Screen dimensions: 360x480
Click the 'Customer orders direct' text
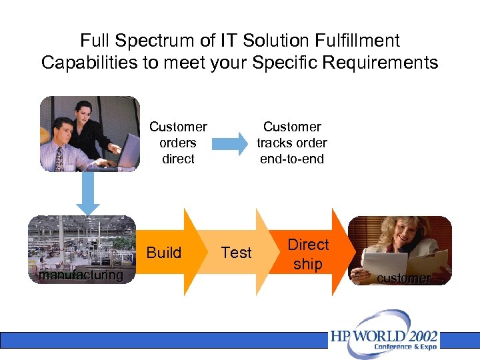178,143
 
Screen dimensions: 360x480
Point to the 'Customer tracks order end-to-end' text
292,143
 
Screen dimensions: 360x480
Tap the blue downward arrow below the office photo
87,194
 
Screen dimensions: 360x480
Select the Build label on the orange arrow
164,253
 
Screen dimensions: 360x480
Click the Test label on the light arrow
236,253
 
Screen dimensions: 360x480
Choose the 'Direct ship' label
308,254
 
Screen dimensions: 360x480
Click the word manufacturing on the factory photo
81,275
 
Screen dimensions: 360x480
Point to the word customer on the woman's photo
404,279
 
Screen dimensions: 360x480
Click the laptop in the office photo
127,151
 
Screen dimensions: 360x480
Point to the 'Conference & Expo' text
405,347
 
